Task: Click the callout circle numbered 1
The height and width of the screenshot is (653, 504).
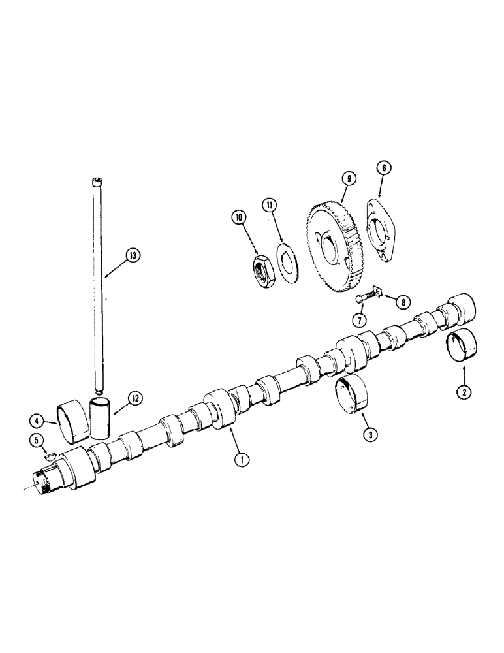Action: point(242,460)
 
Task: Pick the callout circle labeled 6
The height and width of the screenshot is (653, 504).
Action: point(383,168)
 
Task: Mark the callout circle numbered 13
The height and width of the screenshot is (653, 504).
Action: point(134,255)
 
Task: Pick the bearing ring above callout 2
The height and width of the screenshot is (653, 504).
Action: point(462,347)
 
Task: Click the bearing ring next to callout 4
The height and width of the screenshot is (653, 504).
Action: point(67,417)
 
